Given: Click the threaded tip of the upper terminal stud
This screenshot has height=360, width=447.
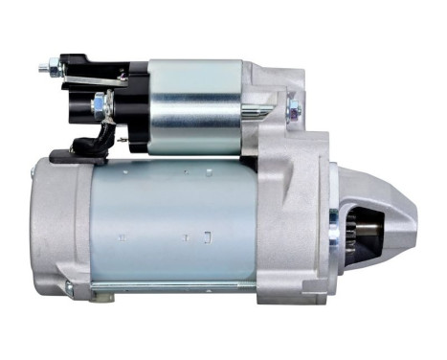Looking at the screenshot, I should [x=42, y=68].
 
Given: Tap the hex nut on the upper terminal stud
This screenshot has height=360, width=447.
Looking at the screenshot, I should [x=55, y=69].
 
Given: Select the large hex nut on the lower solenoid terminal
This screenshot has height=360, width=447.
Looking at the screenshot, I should [x=99, y=103].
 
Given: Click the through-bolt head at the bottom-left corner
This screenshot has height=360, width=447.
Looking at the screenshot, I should [x=70, y=288].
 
